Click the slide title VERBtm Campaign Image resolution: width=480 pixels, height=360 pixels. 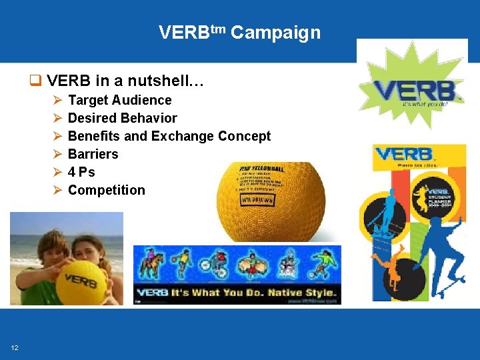tap(239, 32)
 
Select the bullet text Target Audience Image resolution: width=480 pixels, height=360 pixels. tap(120, 100)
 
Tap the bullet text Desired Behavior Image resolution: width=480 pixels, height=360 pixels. tap(123, 118)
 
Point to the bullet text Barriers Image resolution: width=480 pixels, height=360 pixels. tap(93, 154)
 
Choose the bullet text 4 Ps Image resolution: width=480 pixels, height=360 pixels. tap(81, 172)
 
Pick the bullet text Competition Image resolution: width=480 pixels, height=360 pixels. tap(107, 190)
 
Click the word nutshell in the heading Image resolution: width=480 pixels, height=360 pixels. tap(163, 81)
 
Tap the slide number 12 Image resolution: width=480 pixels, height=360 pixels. tap(14, 347)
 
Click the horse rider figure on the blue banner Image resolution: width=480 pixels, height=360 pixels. tap(149, 264)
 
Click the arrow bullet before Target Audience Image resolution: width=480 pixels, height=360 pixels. tap(57, 100)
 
